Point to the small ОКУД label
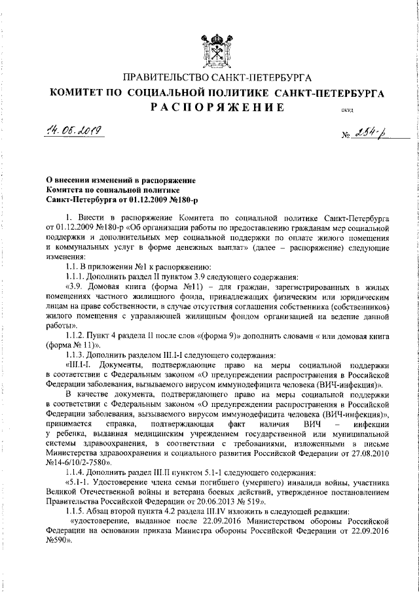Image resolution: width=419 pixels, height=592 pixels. [x=347, y=111]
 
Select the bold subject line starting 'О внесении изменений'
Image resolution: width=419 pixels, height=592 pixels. [x=113, y=180]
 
